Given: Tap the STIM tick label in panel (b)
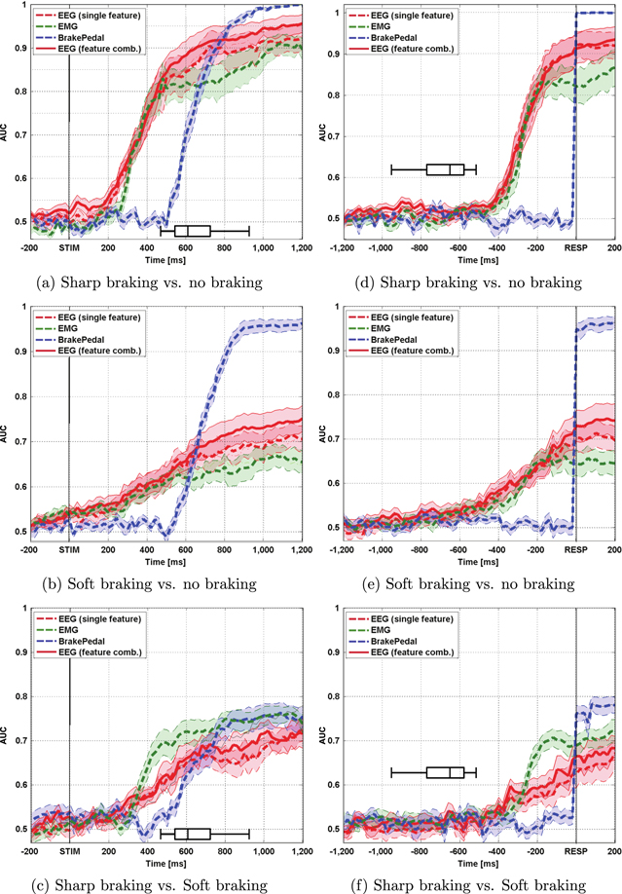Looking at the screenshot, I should (69, 551).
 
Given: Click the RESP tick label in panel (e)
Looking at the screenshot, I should (576, 550).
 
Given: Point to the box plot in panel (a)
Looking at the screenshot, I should (193, 231).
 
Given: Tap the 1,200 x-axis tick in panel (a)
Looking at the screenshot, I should (290, 249).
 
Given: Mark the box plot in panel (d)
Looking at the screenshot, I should (446, 169).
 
